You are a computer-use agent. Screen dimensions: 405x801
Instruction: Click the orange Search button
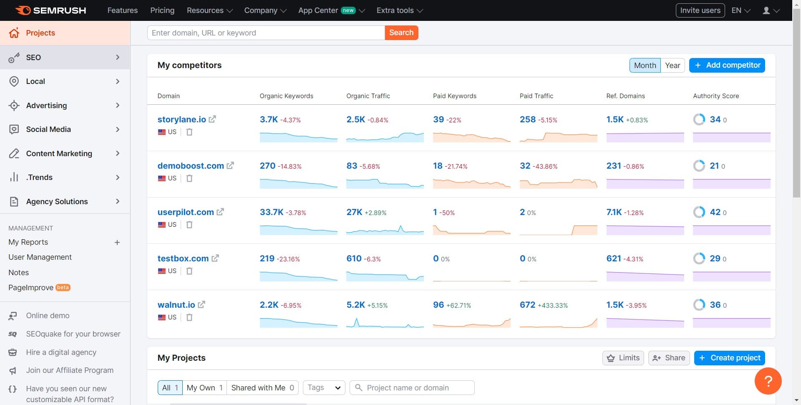click(401, 33)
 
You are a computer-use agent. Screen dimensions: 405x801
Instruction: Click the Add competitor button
click(727, 65)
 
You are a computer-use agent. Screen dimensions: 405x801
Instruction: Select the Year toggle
click(672, 65)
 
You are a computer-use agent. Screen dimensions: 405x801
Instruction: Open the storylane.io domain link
click(181, 119)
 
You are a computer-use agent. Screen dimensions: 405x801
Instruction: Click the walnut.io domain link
click(176, 305)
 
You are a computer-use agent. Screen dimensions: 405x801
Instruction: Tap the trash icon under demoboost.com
click(189, 178)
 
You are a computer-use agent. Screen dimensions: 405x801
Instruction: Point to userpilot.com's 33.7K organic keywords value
click(272, 212)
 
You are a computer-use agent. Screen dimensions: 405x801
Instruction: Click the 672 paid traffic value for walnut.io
click(527, 305)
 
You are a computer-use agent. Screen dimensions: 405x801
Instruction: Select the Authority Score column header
click(716, 96)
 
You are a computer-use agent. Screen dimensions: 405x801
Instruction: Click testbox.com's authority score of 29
click(715, 258)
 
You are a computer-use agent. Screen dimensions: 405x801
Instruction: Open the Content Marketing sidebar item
click(59, 154)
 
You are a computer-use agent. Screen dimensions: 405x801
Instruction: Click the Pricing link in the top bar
click(162, 10)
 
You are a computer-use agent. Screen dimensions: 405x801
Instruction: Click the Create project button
click(729, 358)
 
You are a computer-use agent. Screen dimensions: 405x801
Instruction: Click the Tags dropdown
click(324, 388)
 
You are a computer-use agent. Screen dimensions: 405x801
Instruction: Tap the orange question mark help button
click(768, 381)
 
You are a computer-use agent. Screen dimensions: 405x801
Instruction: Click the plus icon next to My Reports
click(117, 243)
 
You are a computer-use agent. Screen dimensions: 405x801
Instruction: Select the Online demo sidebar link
click(48, 316)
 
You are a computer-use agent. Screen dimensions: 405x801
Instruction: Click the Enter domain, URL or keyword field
click(266, 33)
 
